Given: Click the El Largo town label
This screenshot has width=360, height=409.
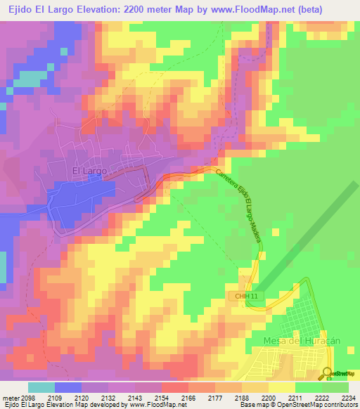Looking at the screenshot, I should [x=89, y=170].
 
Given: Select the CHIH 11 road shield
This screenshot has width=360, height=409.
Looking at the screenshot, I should [x=241, y=297].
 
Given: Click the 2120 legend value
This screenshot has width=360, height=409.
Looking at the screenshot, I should [x=82, y=398].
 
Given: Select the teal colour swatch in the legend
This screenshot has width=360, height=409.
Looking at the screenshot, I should [x=41, y=387].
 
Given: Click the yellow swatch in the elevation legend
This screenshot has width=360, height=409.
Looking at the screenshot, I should [x=281, y=387].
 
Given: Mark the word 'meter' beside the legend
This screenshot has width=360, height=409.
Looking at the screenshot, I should [x=11, y=398].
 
